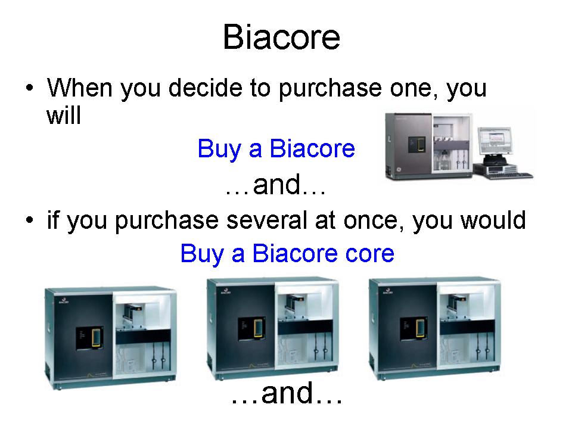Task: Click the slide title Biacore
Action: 281,37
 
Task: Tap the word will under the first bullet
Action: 64,115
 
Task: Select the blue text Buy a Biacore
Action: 276,149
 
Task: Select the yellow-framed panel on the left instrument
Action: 97,337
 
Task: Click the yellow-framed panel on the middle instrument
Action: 259,328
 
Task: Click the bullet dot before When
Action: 30,88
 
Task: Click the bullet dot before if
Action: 30,220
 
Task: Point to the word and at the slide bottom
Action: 287,393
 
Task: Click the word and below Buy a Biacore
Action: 276,185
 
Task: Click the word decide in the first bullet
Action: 206,88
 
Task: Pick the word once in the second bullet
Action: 374,220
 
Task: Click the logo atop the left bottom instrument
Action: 62,300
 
